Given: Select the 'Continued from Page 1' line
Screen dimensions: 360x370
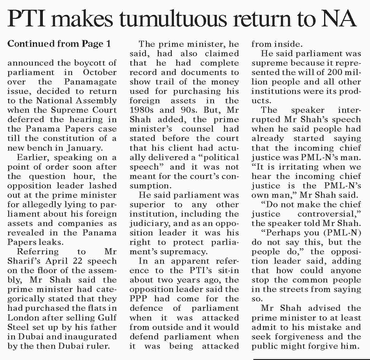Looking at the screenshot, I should pos(59,44).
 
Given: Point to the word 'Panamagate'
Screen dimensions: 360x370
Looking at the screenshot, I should pos(91,82).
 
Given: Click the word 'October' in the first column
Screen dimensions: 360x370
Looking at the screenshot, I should pos(99,73).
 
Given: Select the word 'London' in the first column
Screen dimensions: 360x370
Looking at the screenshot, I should pos(19,318).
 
